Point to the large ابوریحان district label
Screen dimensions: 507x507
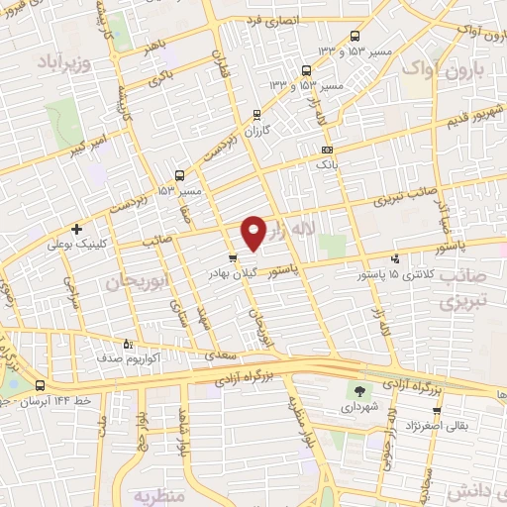(131, 281)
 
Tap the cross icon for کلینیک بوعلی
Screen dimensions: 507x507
(75, 228)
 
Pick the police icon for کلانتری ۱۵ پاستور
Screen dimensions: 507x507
(396, 258)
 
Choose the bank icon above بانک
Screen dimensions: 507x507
(327, 150)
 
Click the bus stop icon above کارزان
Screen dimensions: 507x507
(257, 114)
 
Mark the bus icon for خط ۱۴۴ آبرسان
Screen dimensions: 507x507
(40, 385)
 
